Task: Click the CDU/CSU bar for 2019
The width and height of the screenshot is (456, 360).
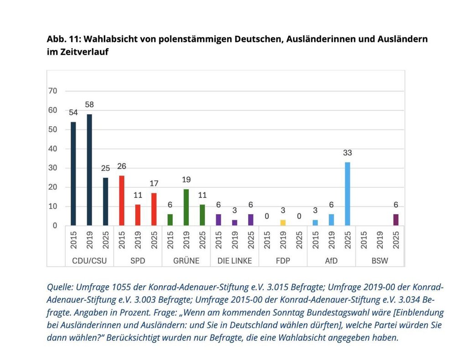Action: pos(89,170)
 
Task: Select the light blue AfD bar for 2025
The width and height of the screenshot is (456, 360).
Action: pos(347,194)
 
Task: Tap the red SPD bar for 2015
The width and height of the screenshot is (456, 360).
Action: pos(122,201)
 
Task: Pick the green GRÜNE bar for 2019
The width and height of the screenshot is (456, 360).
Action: pos(186,207)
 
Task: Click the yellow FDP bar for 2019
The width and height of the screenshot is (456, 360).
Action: pos(283,222)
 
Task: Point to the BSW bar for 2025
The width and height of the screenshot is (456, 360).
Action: pos(396,220)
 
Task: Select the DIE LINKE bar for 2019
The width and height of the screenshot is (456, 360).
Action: pos(235,222)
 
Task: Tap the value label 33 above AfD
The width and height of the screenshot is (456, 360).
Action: pos(347,153)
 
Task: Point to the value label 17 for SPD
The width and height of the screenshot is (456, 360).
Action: pos(154,184)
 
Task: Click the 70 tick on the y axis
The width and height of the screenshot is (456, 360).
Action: pos(53,91)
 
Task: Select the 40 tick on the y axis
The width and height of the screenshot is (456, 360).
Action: pos(53,149)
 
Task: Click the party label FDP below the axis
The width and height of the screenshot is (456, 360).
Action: pos(283,261)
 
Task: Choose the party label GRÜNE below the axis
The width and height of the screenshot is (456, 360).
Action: pos(186,261)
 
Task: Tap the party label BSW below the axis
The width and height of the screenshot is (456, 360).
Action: pos(379,261)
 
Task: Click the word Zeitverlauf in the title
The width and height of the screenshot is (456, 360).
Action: pos(84,52)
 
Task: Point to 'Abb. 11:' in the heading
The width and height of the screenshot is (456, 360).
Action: pos(63,40)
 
